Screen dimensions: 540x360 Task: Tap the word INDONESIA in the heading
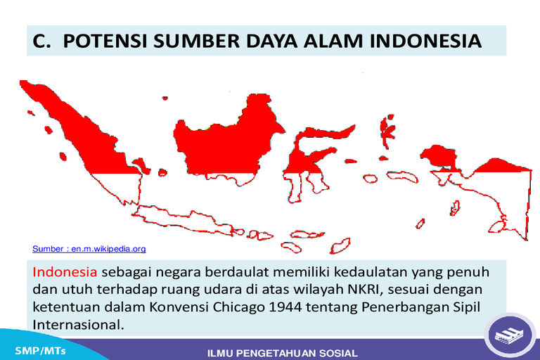coord(425,41)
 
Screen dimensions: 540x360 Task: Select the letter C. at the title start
coord(41,41)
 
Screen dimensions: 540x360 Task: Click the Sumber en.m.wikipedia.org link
coord(89,249)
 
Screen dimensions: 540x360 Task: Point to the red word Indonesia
coord(65,272)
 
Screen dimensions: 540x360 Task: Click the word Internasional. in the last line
coord(78,325)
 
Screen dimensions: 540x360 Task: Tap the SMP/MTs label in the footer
coord(40,351)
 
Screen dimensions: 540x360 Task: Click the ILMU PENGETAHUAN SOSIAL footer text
coord(283,353)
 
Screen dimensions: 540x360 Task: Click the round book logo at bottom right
coord(510,335)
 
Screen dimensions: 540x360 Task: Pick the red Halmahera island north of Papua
coord(387,131)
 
